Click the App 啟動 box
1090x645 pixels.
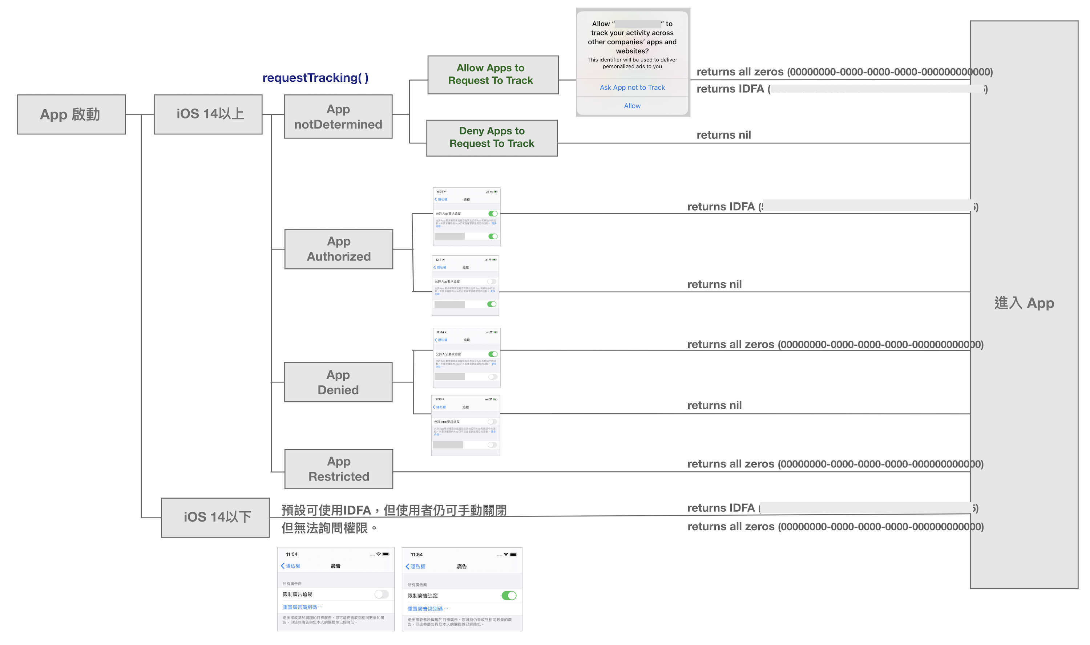(71, 114)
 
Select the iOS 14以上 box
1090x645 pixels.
(208, 114)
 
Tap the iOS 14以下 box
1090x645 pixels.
(215, 517)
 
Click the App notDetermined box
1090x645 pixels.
(338, 117)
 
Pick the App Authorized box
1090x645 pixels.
(338, 249)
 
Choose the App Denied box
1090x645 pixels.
(338, 382)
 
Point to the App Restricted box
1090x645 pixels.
(338, 469)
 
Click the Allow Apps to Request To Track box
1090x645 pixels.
(493, 74)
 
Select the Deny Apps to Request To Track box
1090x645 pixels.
(492, 138)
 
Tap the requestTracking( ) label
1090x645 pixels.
(315, 78)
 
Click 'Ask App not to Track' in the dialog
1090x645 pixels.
(632, 88)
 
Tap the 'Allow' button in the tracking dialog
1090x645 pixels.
(632, 106)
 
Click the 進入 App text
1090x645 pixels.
(1024, 303)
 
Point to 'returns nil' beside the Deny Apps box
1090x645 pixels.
(723, 135)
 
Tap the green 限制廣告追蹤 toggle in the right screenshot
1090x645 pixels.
(509, 596)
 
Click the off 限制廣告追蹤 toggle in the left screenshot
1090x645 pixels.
(381, 594)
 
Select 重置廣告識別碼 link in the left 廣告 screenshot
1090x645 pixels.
(302, 607)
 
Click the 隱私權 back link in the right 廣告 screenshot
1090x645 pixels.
(416, 566)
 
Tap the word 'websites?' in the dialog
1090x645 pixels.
(632, 51)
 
